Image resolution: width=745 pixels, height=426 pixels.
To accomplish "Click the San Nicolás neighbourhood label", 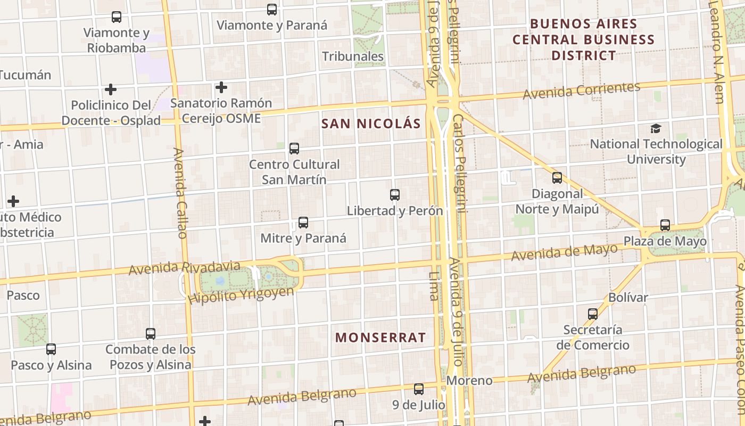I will [x=371, y=124].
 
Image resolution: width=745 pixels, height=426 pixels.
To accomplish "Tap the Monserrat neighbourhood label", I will [x=380, y=337].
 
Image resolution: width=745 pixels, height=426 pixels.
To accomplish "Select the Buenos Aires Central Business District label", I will [x=584, y=39].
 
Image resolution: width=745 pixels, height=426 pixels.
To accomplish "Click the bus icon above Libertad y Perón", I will [x=395, y=195].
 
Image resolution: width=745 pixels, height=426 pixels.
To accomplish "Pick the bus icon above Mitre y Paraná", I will [x=303, y=223].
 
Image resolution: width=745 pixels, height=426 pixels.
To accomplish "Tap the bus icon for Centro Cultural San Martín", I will [x=294, y=149].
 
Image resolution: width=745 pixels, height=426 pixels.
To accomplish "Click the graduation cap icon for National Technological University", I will [x=656, y=128].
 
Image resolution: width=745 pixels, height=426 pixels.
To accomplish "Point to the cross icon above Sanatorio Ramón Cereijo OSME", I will [x=221, y=87].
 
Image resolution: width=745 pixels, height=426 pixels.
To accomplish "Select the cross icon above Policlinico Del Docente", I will [x=111, y=89].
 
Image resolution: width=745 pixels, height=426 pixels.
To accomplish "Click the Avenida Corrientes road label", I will [x=581, y=91].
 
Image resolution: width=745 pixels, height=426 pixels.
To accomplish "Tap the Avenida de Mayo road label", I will [x=564, y=252].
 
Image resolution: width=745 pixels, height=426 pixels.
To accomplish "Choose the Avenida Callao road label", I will [x=180, y=193].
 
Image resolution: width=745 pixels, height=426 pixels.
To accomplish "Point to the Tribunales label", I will [x=353, y=56].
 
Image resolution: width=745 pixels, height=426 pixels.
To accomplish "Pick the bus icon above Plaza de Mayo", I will [x=665, y=225].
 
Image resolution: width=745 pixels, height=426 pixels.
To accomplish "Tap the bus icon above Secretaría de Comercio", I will [x=593, y=314].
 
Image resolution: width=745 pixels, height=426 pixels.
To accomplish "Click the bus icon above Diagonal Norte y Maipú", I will [x=557, y=178].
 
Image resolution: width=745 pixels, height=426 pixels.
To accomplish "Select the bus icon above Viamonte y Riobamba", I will [x=117, y=17].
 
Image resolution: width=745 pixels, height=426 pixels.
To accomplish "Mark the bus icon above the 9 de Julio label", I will [x=419, y=389].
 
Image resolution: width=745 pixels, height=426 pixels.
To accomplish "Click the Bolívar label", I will [x=628, y=297].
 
